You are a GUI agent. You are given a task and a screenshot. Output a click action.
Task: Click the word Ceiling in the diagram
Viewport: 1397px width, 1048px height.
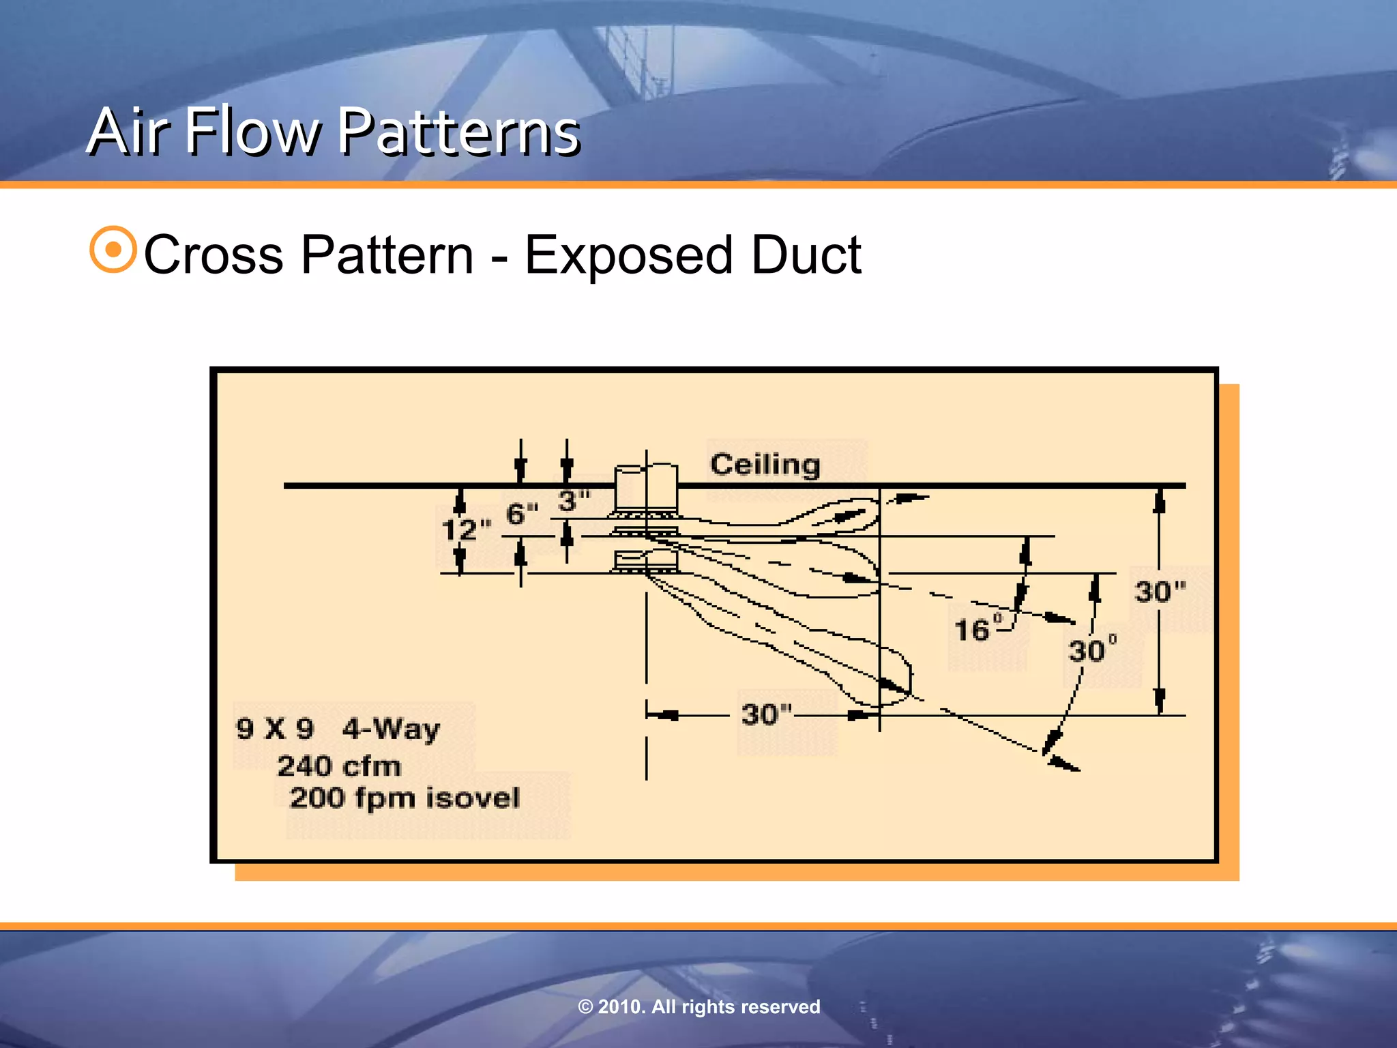click(765, 465)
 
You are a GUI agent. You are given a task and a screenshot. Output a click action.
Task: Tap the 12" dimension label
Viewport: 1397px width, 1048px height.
click(466, 529)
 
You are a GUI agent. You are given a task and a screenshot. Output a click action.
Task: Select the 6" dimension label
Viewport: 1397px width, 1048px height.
click(522, 514)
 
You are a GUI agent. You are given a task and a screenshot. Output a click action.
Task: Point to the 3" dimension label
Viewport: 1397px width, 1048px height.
click(574, 501)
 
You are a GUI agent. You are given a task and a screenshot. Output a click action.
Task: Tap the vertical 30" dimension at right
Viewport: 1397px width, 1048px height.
click(1160, 591)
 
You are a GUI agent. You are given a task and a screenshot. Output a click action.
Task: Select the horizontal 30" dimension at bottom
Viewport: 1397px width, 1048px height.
click(767, 714)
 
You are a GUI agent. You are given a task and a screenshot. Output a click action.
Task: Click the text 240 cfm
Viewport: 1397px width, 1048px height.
click(339, 766)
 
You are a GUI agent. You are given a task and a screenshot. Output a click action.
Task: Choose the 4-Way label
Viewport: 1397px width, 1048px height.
click(391, 729)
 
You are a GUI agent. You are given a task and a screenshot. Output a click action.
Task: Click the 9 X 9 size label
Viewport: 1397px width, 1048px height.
click(275, 729)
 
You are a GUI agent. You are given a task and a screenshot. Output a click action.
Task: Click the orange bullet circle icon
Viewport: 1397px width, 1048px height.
click(113, 250)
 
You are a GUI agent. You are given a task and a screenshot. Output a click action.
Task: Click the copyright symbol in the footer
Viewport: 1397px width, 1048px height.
click(585, 1007)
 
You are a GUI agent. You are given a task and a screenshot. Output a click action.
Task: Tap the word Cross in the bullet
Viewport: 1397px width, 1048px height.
click(214, 255)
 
